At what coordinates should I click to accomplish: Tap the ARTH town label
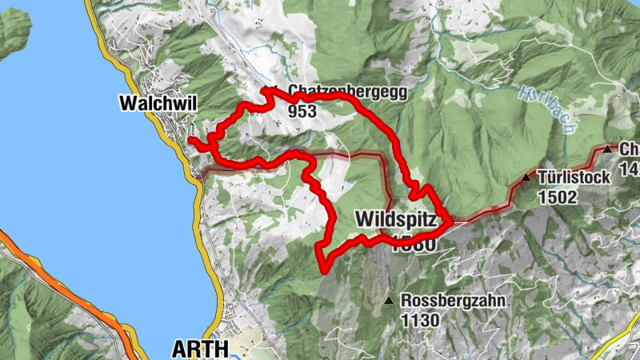[x=200, y=349]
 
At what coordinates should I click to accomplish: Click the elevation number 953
[x=303, y=111]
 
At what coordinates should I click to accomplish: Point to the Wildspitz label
[x=395, y=218]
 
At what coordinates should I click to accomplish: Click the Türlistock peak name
[x=575, y=177]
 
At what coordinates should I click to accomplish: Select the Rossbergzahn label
[x=442, y=302]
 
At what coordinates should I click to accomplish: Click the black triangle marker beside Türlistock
[x=526, y=178]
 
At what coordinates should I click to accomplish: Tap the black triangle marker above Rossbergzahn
[x=389, y=301]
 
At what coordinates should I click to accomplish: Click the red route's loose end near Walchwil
[x=190, y=141]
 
